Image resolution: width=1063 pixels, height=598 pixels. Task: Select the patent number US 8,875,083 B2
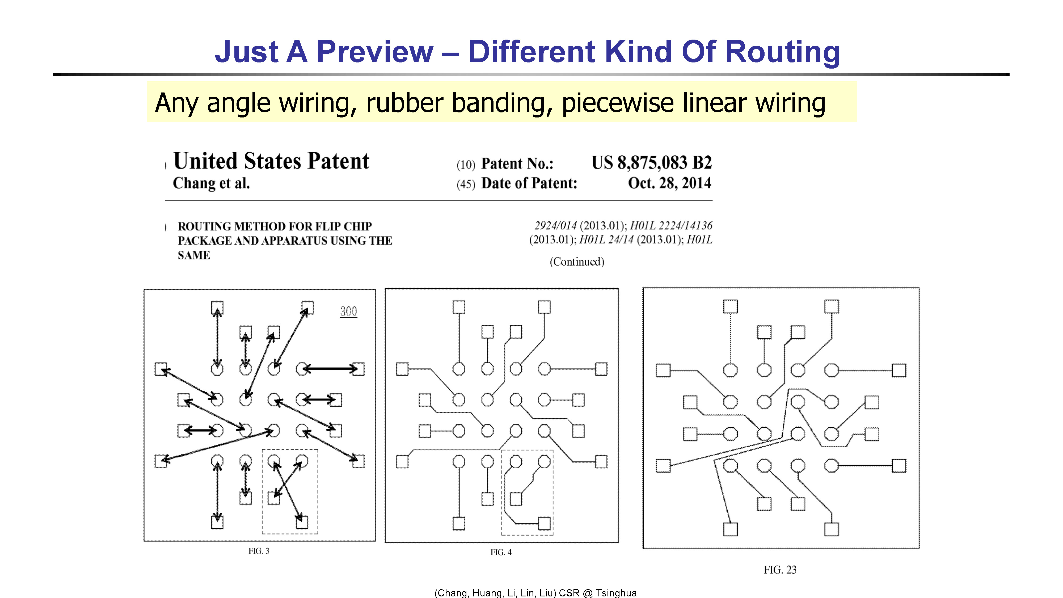pos(652,163)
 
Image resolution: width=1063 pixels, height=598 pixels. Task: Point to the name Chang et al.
pos(211,183)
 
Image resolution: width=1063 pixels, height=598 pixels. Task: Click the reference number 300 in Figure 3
pos(348,311)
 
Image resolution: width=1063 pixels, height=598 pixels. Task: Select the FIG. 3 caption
pos(259,551)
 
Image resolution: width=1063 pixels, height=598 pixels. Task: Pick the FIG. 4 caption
pos(501,552)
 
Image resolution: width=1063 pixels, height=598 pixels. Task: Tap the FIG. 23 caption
pos(780,570)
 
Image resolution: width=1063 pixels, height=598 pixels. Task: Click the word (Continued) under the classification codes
pos(577,262)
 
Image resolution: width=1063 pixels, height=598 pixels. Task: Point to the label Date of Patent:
pos(529,183)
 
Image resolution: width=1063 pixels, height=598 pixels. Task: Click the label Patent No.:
pos(517,163)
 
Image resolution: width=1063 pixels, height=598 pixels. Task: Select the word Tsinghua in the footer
pos(616,593)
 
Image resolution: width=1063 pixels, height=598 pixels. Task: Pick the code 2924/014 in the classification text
pos(555,226)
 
